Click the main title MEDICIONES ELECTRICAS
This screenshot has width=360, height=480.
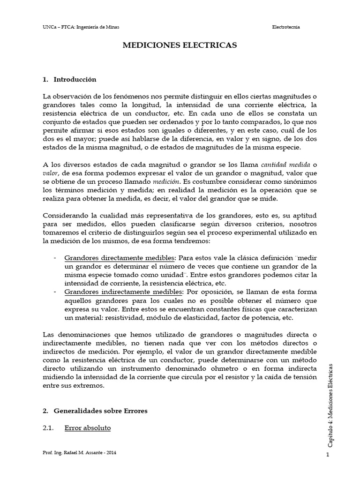tap(180, 45)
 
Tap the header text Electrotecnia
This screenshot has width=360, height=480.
tap(286, 27)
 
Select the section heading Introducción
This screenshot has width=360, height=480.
tap(75, 79)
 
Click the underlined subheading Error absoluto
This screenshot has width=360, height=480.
tap(88, 428)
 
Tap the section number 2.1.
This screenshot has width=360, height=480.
tap(49, 428)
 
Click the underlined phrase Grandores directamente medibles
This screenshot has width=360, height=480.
tap(119, 258)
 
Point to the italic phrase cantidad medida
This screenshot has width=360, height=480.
tap(283, 164)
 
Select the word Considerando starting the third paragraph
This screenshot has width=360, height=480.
tap(64, 215)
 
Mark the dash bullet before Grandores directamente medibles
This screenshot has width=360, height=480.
tap(56, 258)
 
